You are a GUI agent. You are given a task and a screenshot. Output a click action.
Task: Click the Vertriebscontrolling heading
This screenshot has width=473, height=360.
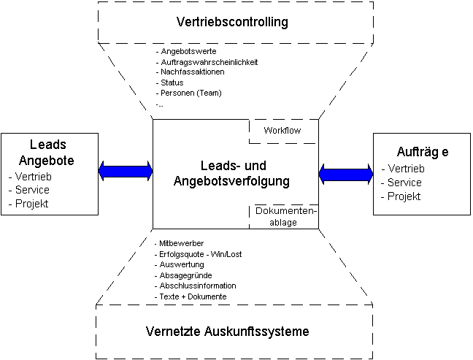tap(232, 21)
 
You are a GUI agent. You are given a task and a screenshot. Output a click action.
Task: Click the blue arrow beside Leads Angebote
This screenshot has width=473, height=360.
tap(125, 171)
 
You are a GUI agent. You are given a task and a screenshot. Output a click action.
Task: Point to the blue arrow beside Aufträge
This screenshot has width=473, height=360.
tap(346, 174)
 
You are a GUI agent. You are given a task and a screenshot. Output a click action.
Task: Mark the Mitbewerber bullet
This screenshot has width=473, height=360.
tap(182, 242)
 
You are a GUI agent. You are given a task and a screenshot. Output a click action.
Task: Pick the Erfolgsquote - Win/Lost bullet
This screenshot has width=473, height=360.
tap(198, 253)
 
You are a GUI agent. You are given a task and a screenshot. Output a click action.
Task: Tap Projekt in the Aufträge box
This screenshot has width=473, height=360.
tap(404, 196)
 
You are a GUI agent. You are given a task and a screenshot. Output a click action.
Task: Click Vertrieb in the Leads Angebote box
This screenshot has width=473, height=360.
tap(30, 176)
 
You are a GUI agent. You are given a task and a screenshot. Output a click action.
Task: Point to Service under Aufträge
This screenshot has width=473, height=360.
tap(404, 183)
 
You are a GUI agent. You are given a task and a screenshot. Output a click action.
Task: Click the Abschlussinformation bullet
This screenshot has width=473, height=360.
tap(198, 286)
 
